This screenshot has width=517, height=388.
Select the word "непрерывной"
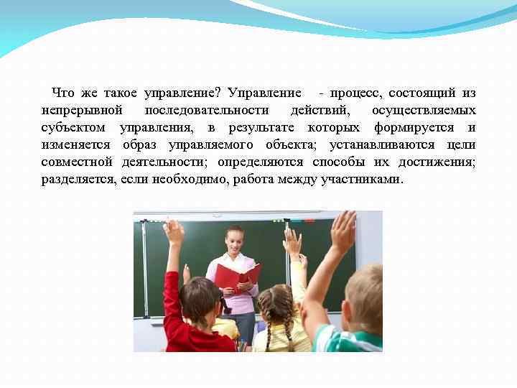click(82, 111)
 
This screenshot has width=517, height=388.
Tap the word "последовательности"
click(206, 111)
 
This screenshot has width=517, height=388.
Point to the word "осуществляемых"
click(424, 111)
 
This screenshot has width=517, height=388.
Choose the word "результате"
click(264, 128)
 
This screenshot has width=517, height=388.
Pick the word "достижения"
click(439, 162)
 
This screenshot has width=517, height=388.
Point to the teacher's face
click(233, 240)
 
